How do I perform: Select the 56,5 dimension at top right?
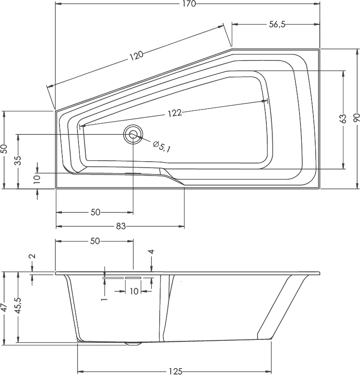coord(277,25)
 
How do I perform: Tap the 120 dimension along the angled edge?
coord(136,56)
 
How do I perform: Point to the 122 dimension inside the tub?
coord(174,113)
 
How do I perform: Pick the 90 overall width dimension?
coord(356,118)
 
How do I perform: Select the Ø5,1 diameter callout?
coord(162,146)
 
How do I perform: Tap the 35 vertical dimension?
coord(18,161)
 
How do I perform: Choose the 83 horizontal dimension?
coord(120,226)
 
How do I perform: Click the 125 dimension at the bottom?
coord(175,371)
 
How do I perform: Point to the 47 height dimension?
coord(4,308)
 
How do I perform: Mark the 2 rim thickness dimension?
coord(32,257)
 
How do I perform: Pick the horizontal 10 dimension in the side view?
coord(134,291)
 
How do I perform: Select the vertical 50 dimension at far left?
coord(4,149)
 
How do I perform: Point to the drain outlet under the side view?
coord(134,344)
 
